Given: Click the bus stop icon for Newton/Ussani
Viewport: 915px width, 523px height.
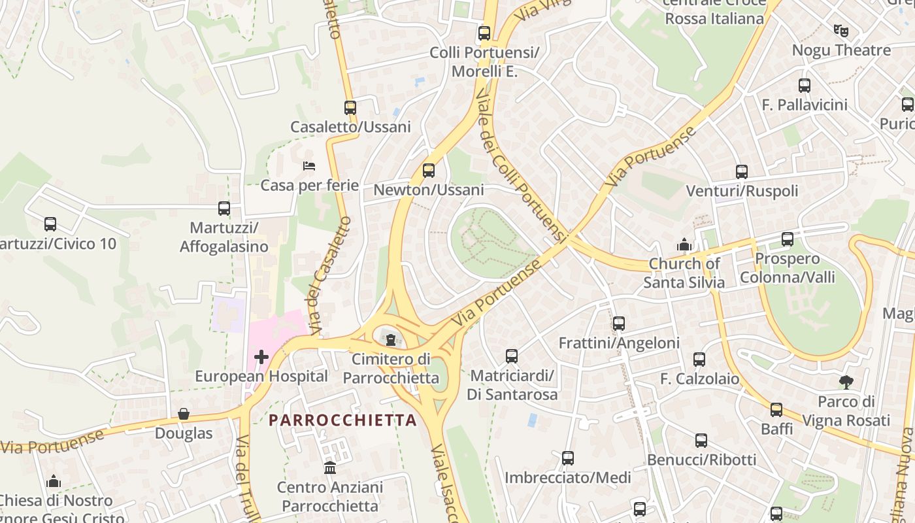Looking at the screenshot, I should (429, 171).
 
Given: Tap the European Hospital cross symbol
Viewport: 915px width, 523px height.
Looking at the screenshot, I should (261, 357).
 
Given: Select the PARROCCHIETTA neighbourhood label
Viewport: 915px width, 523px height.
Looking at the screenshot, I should (342, 420).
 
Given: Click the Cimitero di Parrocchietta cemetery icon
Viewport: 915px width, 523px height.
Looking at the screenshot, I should (391, 340).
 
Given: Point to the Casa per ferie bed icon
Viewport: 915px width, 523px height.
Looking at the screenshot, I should (309, 166).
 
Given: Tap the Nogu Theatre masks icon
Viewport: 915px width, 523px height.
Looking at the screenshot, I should (840, 30).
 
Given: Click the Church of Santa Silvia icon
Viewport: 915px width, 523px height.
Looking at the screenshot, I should (684, 245).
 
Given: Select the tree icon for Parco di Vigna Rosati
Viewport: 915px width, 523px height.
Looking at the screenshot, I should (846, 382).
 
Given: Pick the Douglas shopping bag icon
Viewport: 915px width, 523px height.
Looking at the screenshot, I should (184, 414).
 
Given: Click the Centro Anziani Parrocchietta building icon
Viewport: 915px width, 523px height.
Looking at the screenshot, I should (330, 468).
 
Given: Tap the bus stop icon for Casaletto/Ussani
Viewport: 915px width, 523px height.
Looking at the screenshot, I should (350, 108).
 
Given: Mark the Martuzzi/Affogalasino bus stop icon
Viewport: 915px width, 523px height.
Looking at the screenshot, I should (224, 209).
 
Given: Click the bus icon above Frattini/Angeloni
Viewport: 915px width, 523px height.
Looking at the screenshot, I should (619, 324).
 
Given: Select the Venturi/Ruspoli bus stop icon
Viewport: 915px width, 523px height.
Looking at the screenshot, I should (742, 172).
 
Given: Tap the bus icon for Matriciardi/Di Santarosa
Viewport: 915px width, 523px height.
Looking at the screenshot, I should (512, 356).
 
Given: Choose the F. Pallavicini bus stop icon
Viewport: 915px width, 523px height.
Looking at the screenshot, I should (805, 86).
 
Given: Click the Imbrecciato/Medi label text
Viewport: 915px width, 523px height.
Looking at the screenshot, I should (567, 478).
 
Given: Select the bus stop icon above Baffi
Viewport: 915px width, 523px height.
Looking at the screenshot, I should (776, 410).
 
